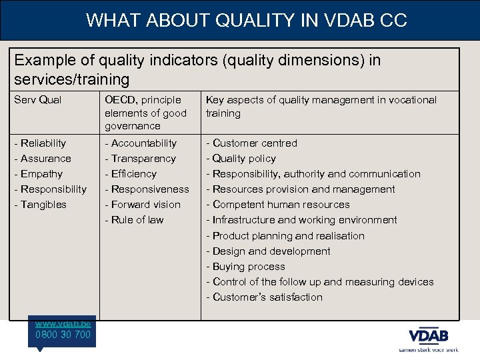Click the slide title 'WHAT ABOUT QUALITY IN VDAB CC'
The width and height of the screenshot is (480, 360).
click(x=246, y=21)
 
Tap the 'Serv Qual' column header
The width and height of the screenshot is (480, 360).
click(x=41, y=100)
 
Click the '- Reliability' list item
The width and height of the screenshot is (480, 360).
click(x=43, y=143)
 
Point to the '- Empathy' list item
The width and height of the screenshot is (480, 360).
click(x=41, y=174)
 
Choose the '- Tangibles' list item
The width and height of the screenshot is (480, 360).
click(x=43, y=205)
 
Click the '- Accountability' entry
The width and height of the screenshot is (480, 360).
click(x=141, y=143)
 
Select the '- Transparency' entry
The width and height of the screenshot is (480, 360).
click(x=140, y=159)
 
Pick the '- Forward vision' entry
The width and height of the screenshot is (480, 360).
click(x=143, y=205)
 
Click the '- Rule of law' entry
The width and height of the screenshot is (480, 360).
click(x=134, y=220)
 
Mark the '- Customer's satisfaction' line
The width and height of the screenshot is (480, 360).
click(x=264, y=297)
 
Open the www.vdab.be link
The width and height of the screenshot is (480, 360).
click(x=63, y=323)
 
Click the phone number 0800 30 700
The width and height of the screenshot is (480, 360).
click(x=63, y=335)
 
